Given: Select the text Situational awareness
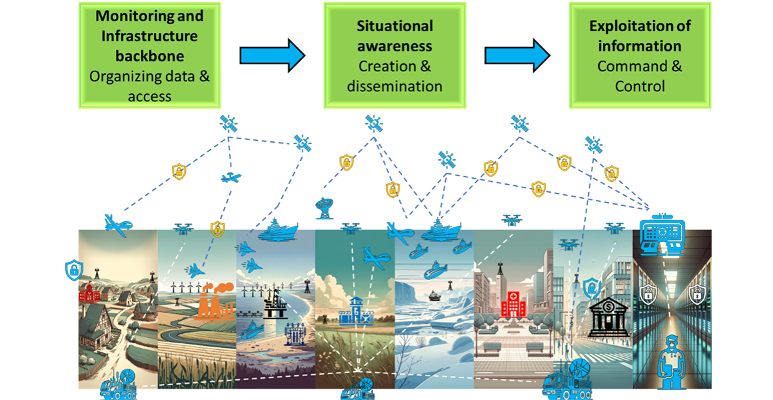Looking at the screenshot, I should [x=395, y=36].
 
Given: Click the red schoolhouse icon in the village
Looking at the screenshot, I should [x=88, y=294].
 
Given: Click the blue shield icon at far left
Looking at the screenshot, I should [x=72, y=271].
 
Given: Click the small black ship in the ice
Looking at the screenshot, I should [x=433, y=293].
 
